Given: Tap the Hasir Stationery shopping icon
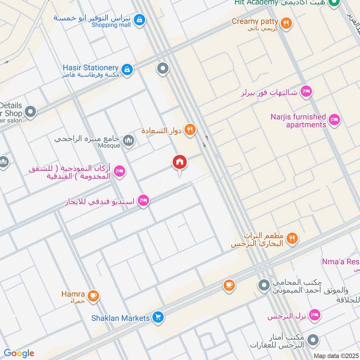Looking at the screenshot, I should coord(127,69).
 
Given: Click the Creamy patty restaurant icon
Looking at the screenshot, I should coord(285,22).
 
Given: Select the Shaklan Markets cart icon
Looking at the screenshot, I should coord(157,318).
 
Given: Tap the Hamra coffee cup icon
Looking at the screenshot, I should coord(93,296).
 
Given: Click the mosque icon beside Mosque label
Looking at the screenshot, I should coord(129,141).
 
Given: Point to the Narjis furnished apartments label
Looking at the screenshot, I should coord(298,121).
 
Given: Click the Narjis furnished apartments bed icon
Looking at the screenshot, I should coord(334,119).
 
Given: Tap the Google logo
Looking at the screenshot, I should coord(18,353).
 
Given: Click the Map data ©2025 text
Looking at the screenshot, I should coord(335,355).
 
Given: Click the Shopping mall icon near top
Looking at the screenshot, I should coord(140,20).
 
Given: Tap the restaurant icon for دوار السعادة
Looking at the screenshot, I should coord(190,130).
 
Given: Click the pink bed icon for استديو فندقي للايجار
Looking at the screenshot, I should coord(144,200).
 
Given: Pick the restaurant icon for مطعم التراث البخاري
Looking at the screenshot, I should coord(292,238).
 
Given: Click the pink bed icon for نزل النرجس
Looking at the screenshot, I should coord(315,315).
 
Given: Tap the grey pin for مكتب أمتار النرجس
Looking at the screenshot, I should coord(314,341).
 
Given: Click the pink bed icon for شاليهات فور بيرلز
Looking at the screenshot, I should coord(306,91).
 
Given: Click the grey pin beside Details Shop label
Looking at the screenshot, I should coord(31,111).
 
